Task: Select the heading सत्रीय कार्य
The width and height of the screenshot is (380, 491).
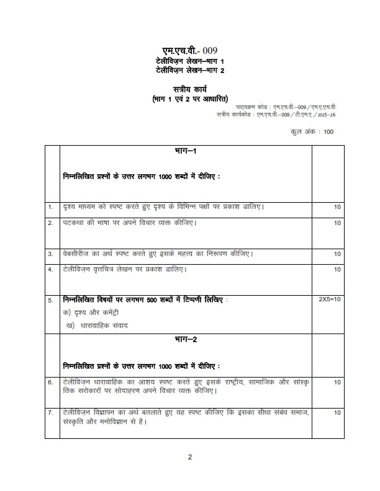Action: point(191,89)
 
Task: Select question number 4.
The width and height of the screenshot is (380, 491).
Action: point(50,270)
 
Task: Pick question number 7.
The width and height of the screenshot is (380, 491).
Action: point(50,412)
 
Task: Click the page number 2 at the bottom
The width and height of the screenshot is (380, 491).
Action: point(191,457)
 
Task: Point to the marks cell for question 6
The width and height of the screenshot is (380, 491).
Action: point(337,383)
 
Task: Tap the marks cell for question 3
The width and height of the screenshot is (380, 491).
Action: point(337,254)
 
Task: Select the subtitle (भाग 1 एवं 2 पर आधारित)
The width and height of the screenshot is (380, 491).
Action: point(191,99)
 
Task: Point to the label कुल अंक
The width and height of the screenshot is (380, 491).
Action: point(302,131)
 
